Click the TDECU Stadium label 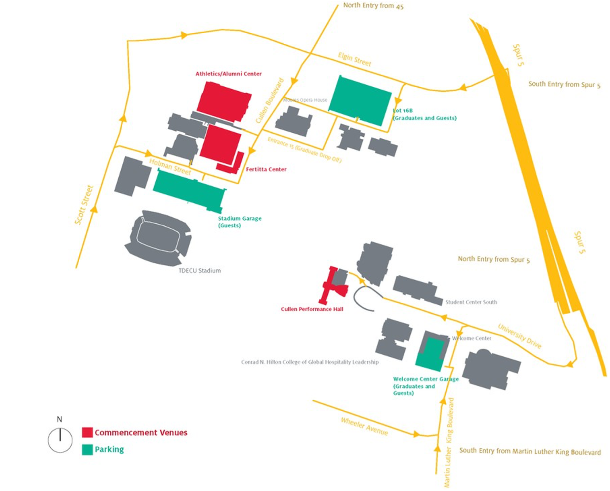pos(200,271)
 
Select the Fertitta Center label pos(266,169)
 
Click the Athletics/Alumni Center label pos(229,74)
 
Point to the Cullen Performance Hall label pos(312,309)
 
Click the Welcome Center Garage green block pos(430,354)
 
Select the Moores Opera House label pos(305,100)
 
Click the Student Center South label pos(471,302)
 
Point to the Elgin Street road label pos(355,59)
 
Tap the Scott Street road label pos(84,205)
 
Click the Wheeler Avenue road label pos(364,426)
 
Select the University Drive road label pos(520,336)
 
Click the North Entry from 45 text pos(373,6)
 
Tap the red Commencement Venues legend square pos(87,432)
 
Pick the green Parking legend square pos(87,450)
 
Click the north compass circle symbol pos(60,440)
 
